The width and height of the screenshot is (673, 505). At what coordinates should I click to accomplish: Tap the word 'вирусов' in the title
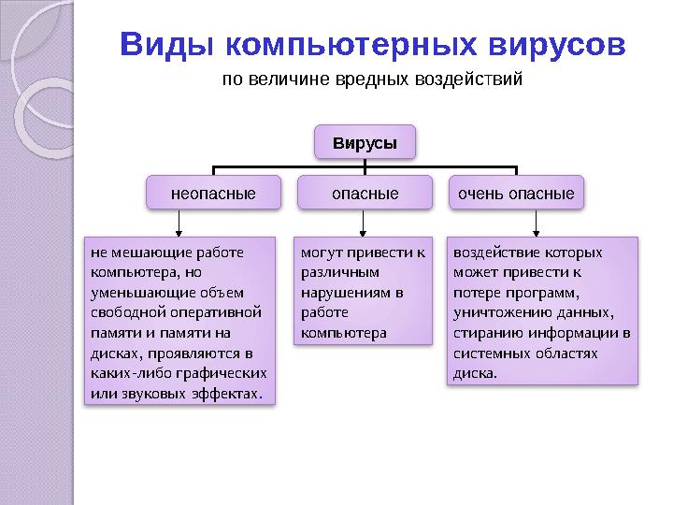coord(557,46)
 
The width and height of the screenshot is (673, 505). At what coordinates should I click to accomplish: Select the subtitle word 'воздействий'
coord(473,79)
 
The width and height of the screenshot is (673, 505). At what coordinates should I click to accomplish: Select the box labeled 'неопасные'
coord(213,194)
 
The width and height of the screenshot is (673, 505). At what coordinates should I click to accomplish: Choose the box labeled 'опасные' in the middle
coord(365,194)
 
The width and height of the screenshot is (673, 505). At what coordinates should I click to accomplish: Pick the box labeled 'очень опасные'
coord(515,194)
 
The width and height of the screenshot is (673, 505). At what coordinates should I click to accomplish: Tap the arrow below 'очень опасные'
coord(536,223)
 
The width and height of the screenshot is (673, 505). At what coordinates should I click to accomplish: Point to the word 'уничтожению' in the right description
coord(495,312)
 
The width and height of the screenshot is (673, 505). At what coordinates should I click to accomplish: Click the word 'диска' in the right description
coord(474,373)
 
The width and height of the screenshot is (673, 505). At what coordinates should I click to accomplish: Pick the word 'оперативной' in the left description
coord(224,312)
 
